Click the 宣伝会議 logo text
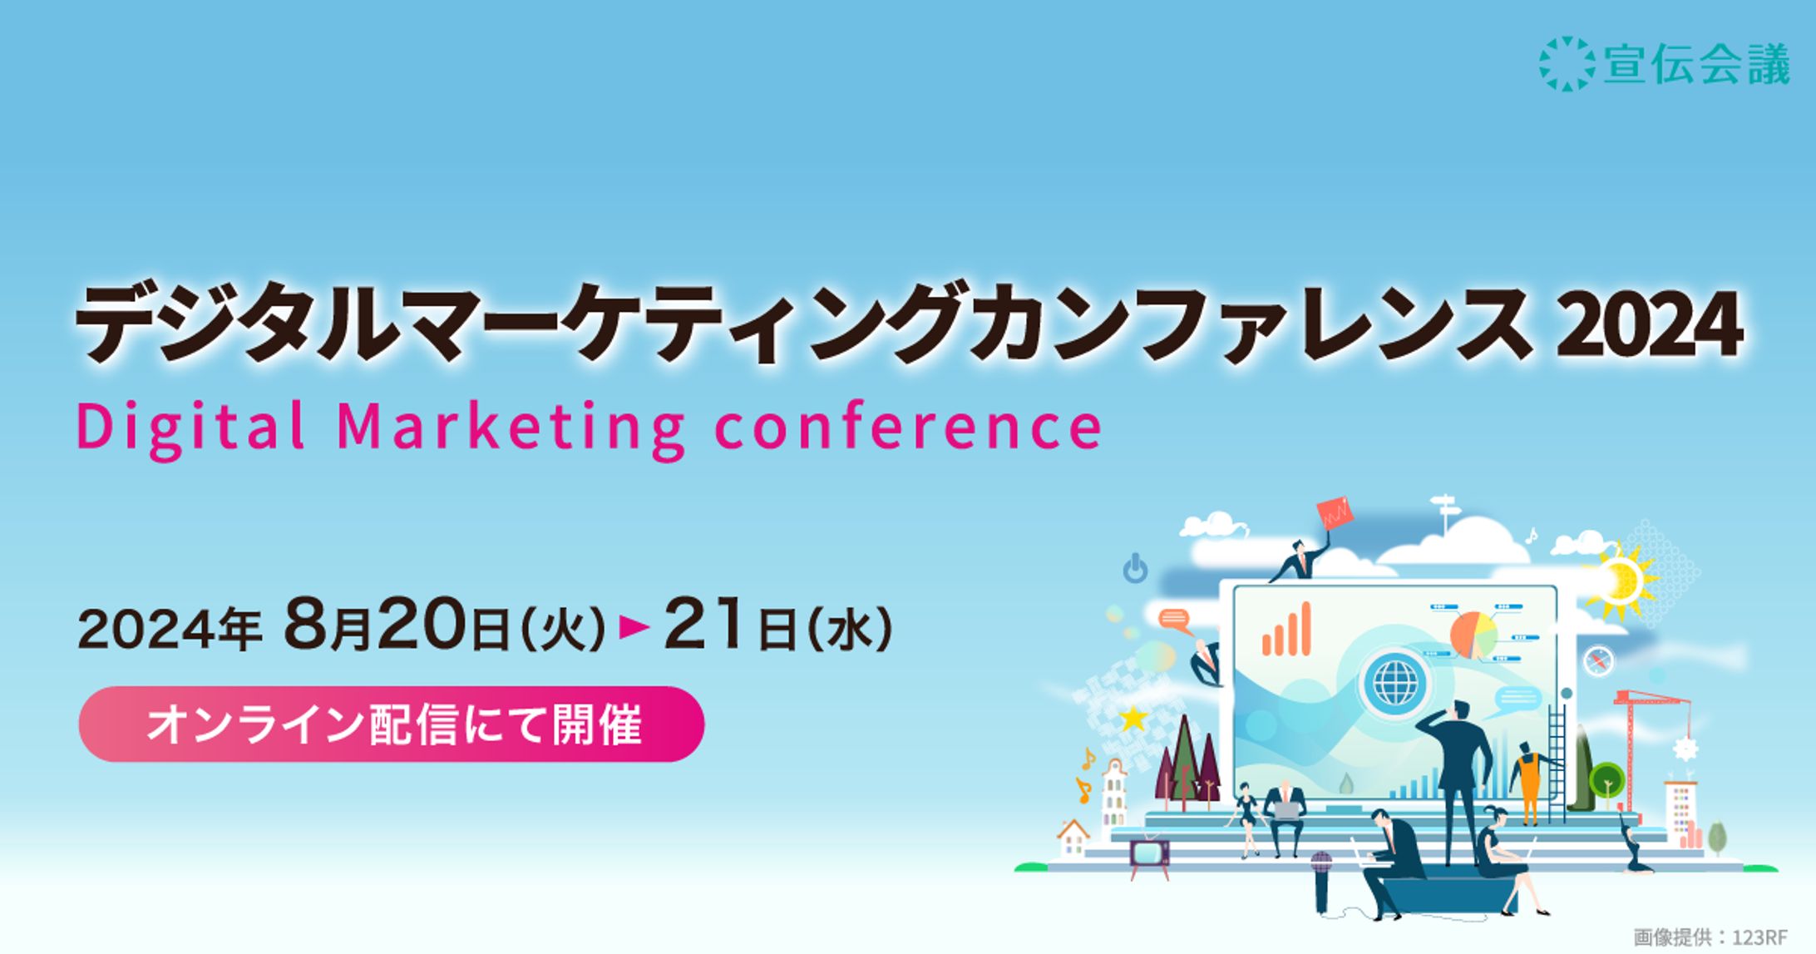(1696, 64)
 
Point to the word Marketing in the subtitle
(511, 428)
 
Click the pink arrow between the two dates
(634, 628)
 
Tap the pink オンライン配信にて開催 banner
(392, 724)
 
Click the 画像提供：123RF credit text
(1710, 937)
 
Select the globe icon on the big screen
(1394, 681)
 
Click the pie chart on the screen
(1473, 635)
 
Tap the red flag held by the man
(1335, 513)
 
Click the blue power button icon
(1135, 569)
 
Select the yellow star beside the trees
(1132, 718)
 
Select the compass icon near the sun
(1598, 661)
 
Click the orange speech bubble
(1175, 620)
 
